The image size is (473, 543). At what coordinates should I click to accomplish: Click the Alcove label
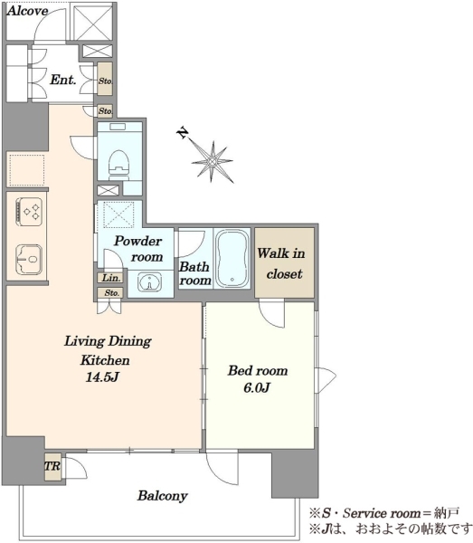27,11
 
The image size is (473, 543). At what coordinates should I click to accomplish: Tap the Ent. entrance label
63,80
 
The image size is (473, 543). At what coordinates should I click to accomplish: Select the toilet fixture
119,164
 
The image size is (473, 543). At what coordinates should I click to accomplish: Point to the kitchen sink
29,260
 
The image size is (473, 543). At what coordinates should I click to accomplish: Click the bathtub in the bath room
232,258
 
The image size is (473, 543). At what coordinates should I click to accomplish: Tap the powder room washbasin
149,281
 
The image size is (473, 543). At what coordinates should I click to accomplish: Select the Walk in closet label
281,263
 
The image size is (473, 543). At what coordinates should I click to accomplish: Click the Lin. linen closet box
111,278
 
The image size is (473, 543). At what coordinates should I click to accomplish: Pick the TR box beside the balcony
52,466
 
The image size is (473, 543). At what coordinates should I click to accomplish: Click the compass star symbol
213,162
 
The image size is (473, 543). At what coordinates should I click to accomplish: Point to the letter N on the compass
183,133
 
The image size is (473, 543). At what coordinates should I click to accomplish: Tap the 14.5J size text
102,376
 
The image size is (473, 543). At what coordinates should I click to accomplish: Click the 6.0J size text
257,387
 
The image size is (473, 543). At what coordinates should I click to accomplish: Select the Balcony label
162,496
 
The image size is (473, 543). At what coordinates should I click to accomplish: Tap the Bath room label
195,273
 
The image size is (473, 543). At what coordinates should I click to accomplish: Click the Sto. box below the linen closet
109,293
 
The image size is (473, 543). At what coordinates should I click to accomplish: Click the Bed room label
258,370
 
